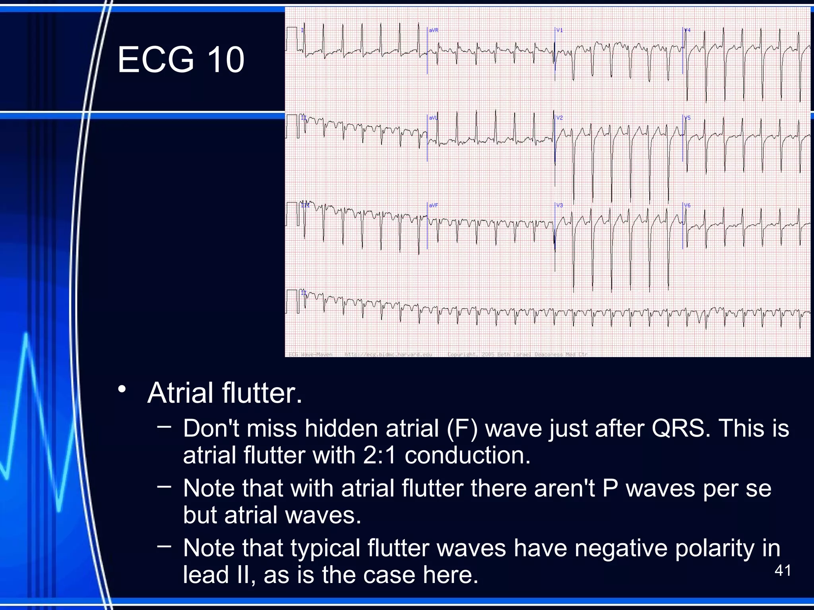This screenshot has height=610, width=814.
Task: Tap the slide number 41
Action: pyautogui.click(x=783, y=571)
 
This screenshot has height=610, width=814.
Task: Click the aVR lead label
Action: pyautogui.click(x=433, y=30)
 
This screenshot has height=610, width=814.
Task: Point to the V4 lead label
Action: pyautogui.click(x=687, y=30)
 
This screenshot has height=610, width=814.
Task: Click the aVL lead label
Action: pyautogui.click(x=433, y=118)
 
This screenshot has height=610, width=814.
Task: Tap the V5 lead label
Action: pyautogui.click(x=687, y=118)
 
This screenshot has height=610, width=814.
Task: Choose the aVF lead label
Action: pyautogui.click(x=433, y=205)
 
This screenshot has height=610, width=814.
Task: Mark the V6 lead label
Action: pyautogui.click(x=687, y=205)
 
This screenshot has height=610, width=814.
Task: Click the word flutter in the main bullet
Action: pyautogui.click(x=262, y=393)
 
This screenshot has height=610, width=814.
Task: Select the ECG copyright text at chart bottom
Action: pyautogui.click(x=517, y=354)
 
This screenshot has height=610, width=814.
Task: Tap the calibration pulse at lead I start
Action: pyautogui.click(x=291, y=39)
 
